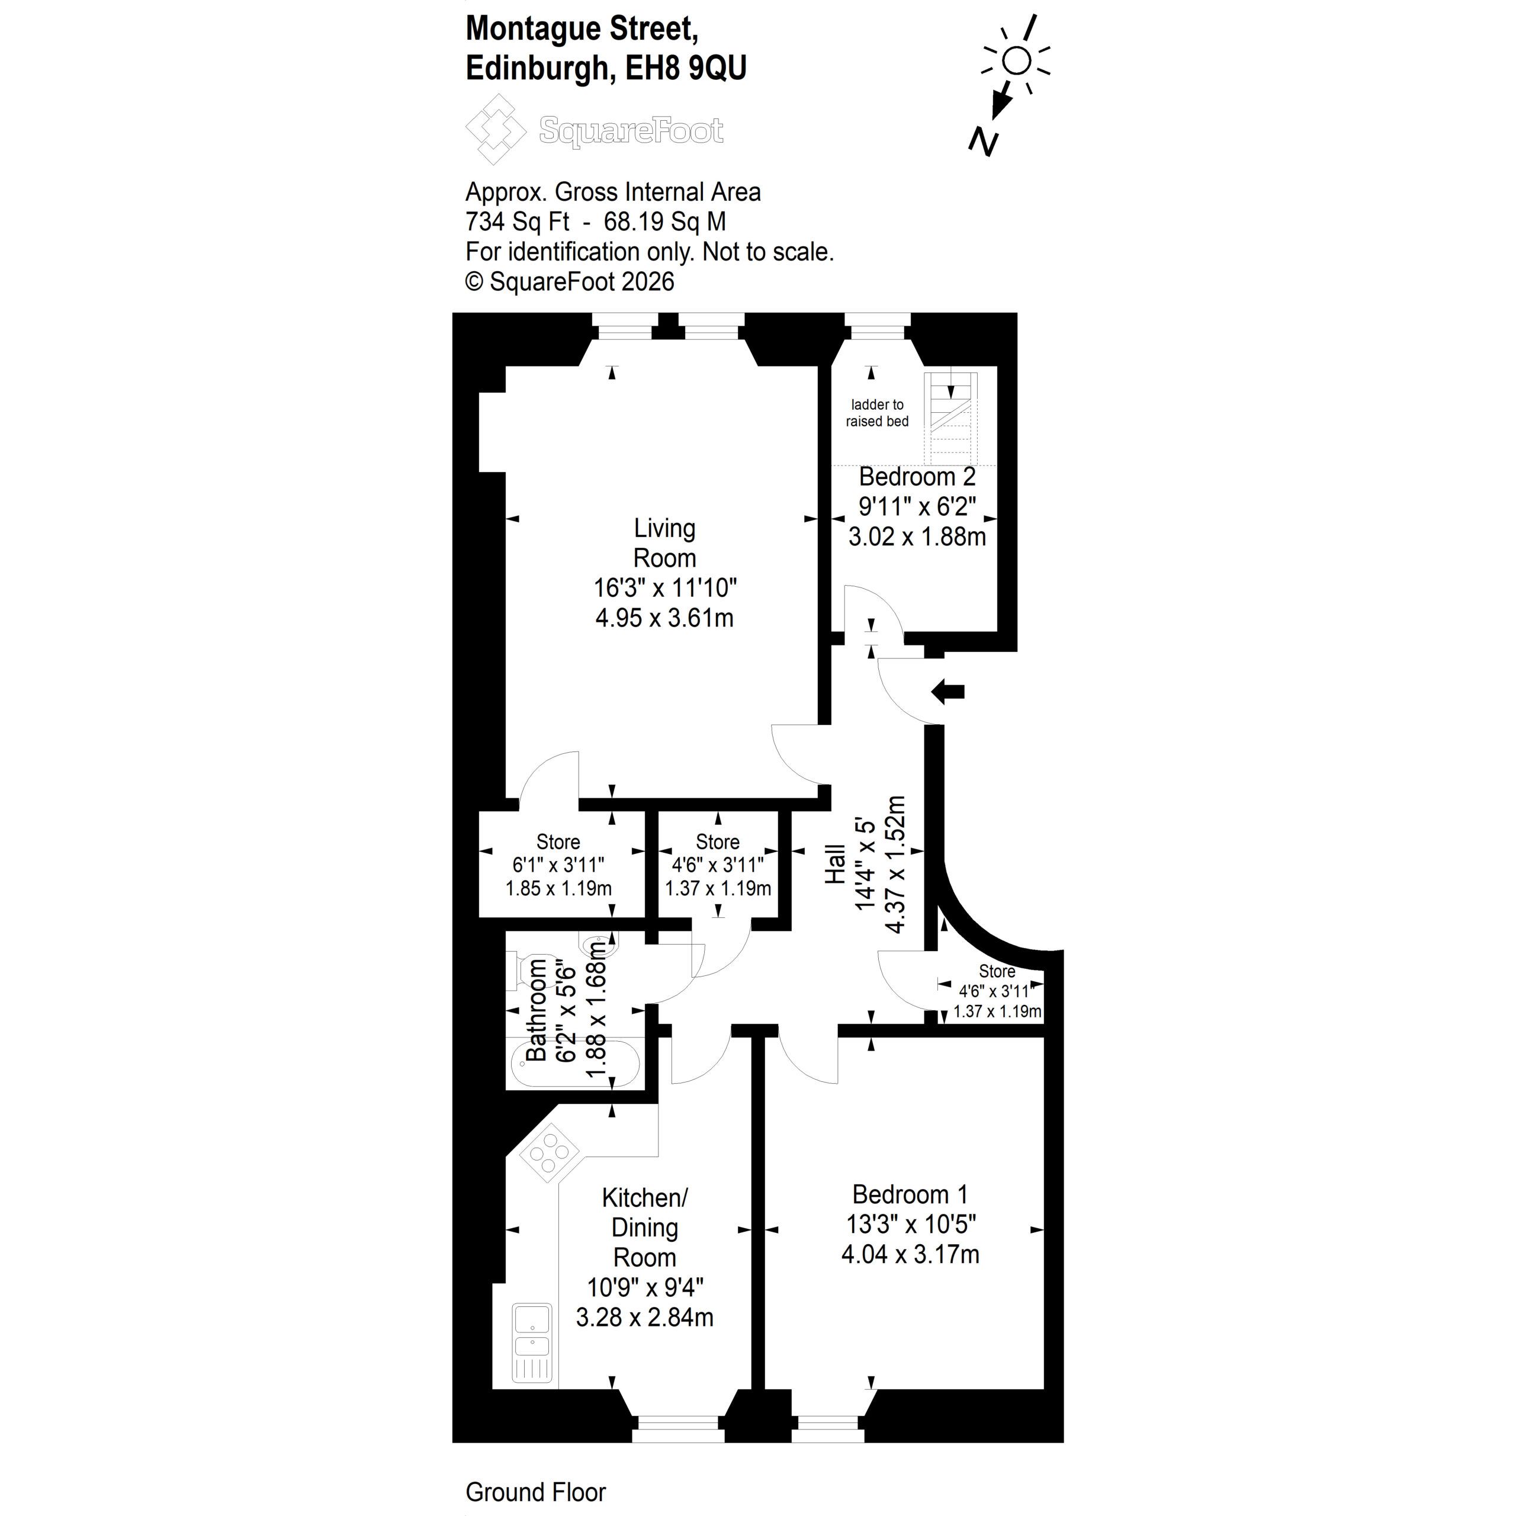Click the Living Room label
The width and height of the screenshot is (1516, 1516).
664,543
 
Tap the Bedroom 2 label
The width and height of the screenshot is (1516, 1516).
917,476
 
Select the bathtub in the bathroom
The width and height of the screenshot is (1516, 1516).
574,1062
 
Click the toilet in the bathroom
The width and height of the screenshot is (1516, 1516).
531,970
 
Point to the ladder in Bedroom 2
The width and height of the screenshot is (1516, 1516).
951,418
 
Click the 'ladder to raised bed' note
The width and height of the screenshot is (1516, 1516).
876,413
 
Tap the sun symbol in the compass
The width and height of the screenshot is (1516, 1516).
1016,60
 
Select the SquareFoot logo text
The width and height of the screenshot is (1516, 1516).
631,130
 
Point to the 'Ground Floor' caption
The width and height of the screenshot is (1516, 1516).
535,1492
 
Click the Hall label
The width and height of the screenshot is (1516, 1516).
835,864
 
